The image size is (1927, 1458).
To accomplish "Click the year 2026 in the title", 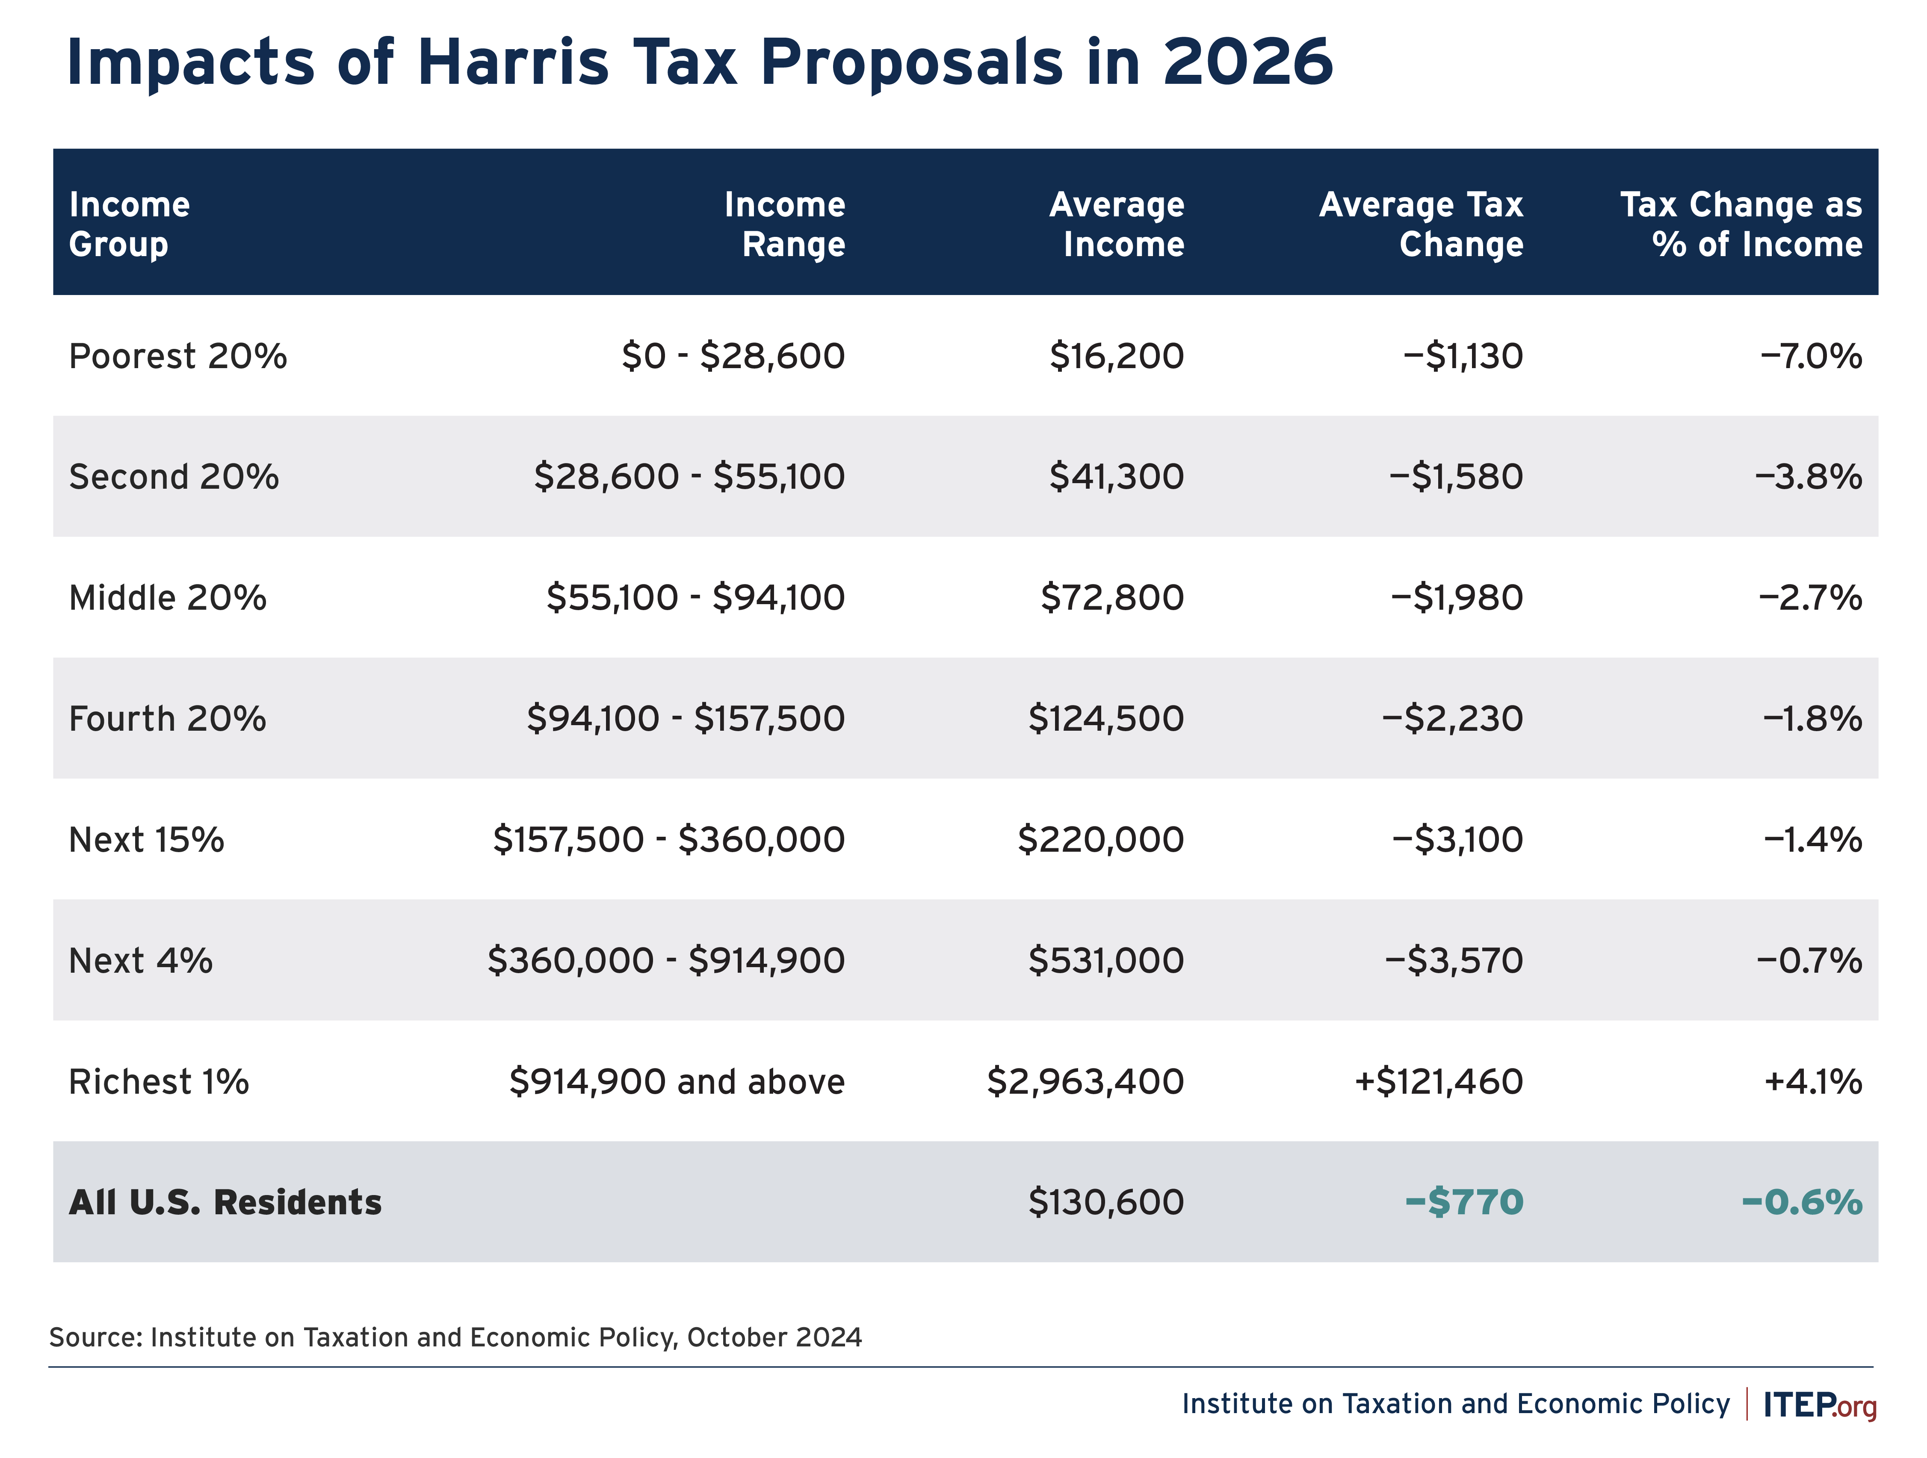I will coord(1247,63).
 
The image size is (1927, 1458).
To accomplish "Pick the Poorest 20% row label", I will coord(178,356).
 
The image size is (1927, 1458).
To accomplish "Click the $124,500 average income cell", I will coord(1105,719).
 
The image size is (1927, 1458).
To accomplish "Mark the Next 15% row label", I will coord(146,840).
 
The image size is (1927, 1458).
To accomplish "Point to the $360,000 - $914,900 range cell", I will coord(665,961).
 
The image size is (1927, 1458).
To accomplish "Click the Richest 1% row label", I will coord(159,1082).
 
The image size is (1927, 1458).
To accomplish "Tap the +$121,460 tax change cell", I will coord(1438,1082).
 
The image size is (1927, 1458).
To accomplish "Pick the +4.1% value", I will coord(1813,1082).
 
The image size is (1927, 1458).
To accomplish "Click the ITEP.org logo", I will coord(1819,1405).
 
